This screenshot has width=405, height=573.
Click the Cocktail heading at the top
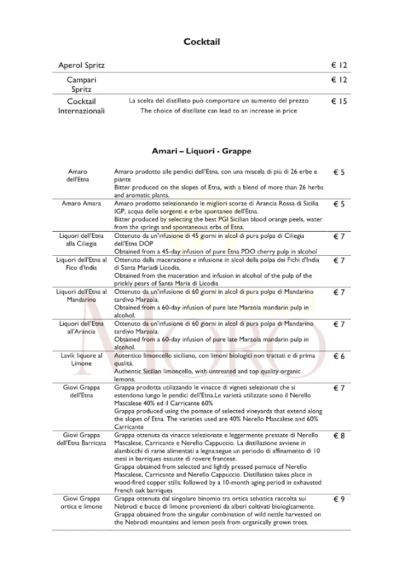click(x=202, y=42)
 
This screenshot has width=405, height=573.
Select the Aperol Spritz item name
click(x=82, y=65)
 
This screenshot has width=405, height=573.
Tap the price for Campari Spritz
click(x=339, y=81)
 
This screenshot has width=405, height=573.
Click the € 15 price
click(x=339, y=102)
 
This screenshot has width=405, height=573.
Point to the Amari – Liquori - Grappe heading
click(x=202, y=151)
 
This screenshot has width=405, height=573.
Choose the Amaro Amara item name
click(x=81, y=204)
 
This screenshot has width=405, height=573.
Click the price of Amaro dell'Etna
click(x=339, y=172)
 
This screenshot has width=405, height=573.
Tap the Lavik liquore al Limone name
click(x=81, y=360)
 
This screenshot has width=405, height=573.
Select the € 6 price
click(x=339, y=356)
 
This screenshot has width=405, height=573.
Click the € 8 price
click(x=339, y=436)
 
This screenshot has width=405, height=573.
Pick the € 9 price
click(x=339, y=500)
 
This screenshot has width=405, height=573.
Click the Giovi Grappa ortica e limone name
click(x=81, y=502)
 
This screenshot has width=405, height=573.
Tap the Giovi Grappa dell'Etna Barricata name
click(x=81, y=439)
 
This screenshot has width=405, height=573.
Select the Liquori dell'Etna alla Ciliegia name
click(x=81, y=239)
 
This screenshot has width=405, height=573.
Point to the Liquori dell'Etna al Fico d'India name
click(x=81, y=264)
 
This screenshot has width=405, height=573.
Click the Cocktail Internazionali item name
click(x=82, y=106)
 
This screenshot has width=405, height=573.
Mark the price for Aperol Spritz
click(x=339, y=65)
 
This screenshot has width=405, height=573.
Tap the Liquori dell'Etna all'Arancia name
click(x=81, y=327)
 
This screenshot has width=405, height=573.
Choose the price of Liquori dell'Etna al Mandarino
click(x=339, y=293)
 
